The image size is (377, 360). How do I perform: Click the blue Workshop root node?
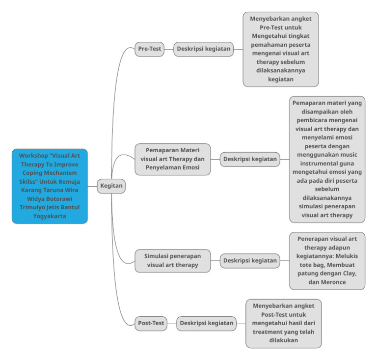click(x=50, y=186)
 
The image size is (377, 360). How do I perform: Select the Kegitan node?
click(x=111, y=186)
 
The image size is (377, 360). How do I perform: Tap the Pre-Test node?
click(x=150, y=49)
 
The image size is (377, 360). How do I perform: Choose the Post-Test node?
click(x=151, y=323)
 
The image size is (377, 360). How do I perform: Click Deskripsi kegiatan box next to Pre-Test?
click(x=203, y=49)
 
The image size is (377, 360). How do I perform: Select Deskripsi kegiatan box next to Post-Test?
click(x=206, y=323)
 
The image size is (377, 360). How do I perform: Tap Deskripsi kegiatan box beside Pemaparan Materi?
click(x=250, y=159)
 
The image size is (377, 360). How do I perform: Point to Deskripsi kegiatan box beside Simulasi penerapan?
click(x=250, y=261)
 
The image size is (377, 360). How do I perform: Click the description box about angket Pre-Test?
click(x=281, y=49)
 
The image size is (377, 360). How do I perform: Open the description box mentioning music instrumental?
click(x=327, y=159)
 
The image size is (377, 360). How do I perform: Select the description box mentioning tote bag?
click(x=327, y=261)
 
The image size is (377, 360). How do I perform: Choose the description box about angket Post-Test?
click(x=284, y=323)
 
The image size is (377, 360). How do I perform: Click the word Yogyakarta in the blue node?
click(x=50, y=216)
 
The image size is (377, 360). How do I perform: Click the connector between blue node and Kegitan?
click(x=92, y=187)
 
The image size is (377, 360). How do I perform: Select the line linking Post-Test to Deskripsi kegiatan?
click(x=172, y=324)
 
